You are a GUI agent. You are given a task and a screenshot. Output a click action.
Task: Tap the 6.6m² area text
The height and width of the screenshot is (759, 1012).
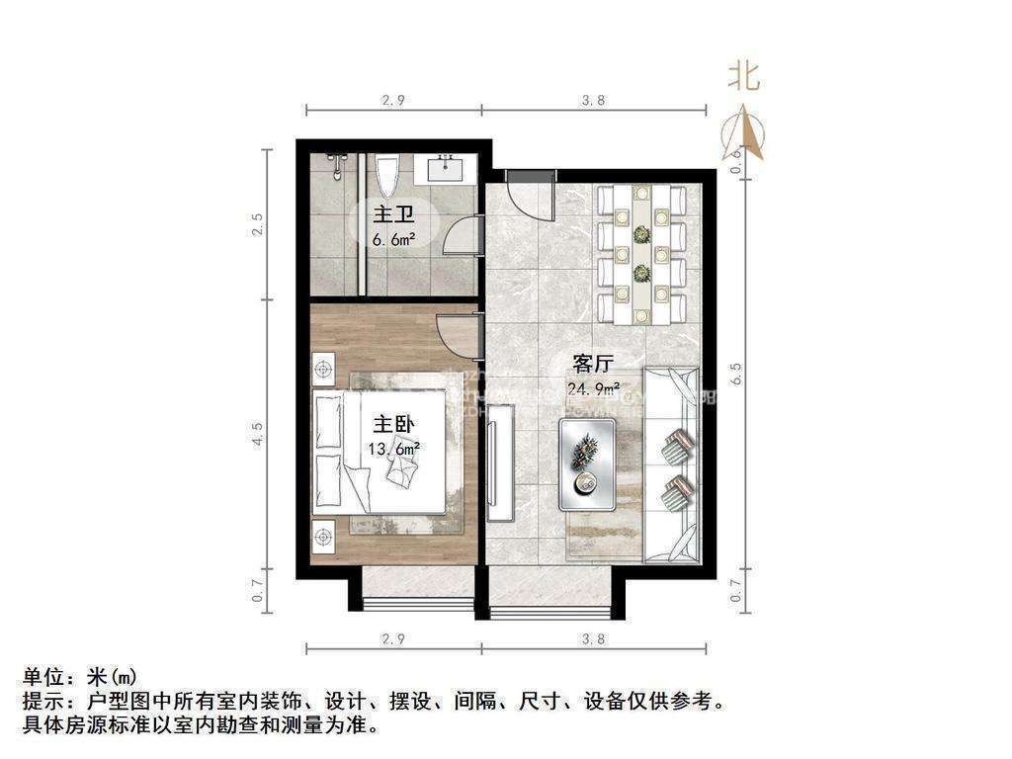click(x=393, y=239)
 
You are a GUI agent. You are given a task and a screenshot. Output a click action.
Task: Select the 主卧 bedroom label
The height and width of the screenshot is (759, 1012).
click(x=392, y=425)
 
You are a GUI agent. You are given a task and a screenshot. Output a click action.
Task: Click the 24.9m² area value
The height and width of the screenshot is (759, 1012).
click(x=593, y=387)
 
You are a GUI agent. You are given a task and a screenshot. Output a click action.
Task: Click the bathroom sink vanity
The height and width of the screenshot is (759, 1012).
click(x=452, y=169)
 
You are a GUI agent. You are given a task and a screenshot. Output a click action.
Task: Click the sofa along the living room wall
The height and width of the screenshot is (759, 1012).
click(x=672, y=464)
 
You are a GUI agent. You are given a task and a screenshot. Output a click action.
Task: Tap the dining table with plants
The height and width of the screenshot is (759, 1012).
click(x=642, y=254)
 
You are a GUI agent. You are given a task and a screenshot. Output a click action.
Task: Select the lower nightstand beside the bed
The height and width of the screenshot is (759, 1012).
click(x=323, y=536)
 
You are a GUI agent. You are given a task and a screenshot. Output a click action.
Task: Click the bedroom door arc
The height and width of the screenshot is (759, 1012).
click(x=457, y=334)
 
